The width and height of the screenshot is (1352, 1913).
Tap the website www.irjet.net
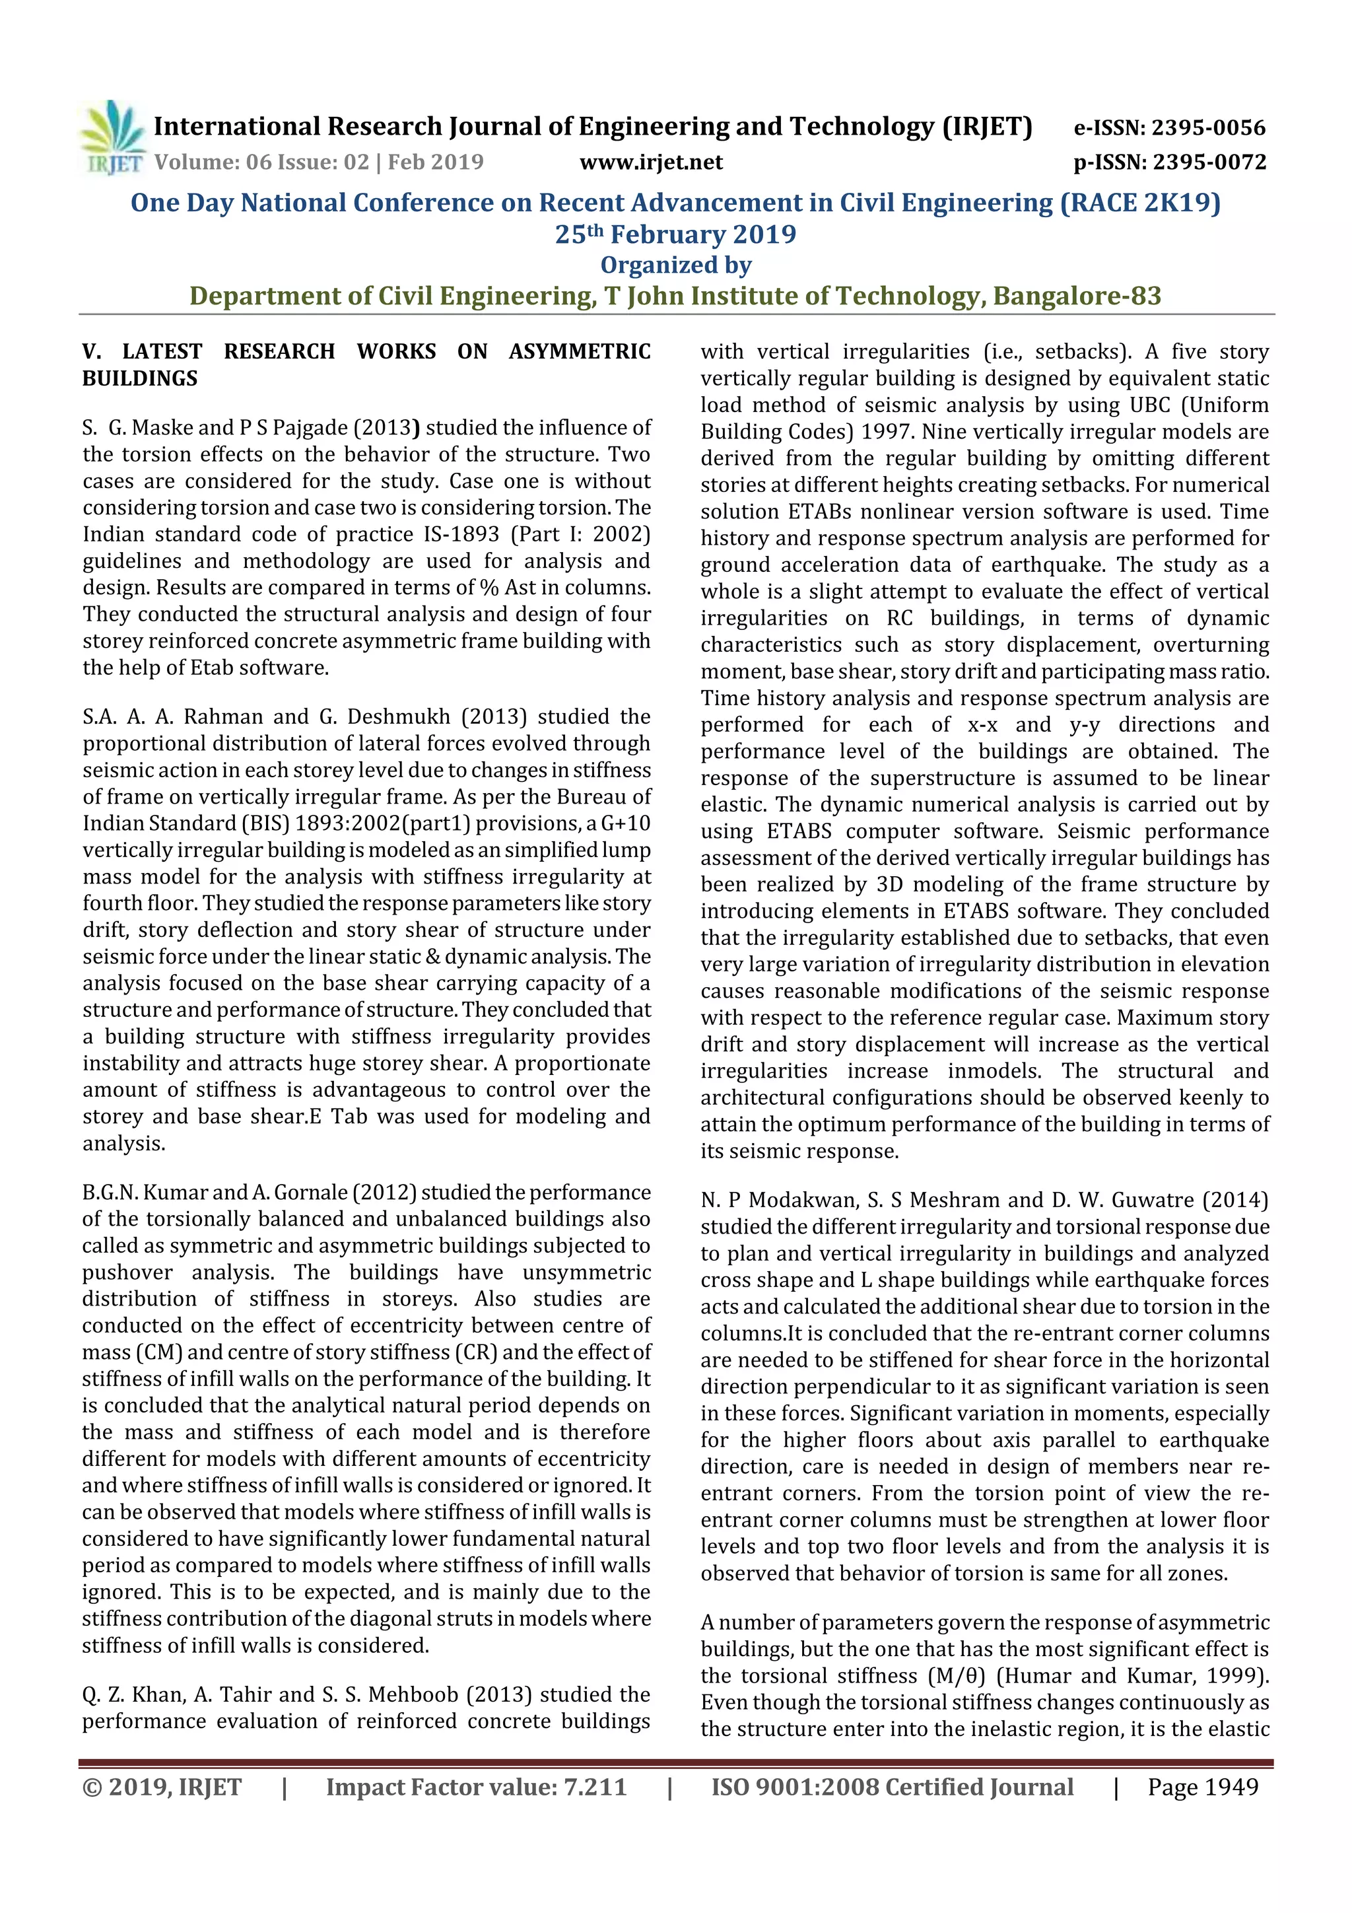point(651,162)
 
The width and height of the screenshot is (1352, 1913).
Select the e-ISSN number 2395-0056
point(1208,127)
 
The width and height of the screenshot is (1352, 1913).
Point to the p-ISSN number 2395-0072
point(1209,162)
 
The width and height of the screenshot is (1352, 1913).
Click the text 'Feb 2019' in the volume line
point(436,162)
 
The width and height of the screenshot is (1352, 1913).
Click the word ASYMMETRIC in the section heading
point(580,351)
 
